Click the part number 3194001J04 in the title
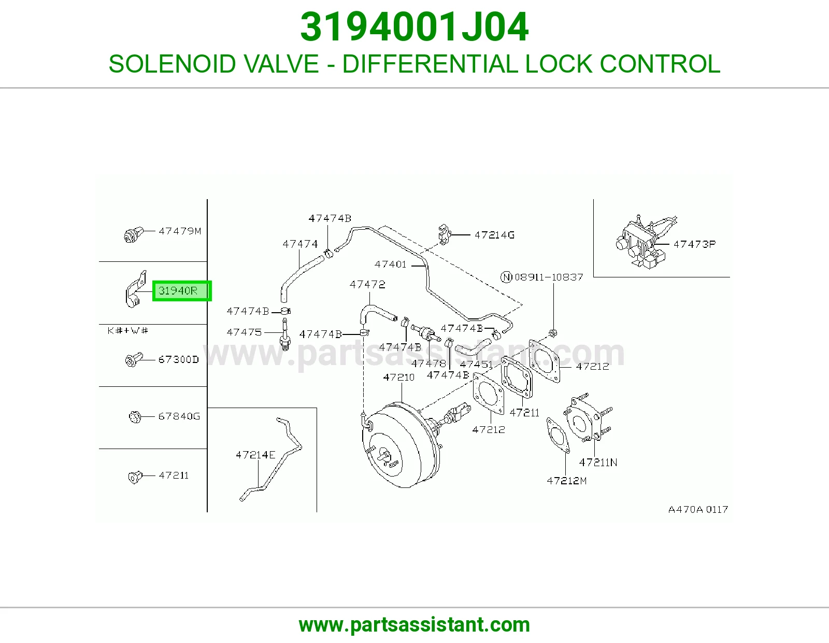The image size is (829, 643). pos(414,27)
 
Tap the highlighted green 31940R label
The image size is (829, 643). pos(181,291)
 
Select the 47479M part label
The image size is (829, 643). pos(180,231)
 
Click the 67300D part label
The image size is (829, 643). pos(179,360)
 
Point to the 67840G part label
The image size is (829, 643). pos(179,416)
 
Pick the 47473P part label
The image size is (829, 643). pos(695,244)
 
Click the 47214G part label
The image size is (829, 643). pos(494,235)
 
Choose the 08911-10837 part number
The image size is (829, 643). pos(549,277)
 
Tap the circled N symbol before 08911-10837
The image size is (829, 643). pos(506,277)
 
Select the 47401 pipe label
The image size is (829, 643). pos(390,264)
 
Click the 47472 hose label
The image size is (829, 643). pos(367,285)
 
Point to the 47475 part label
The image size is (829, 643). pos(244,332)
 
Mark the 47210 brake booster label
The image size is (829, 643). pos(398,378)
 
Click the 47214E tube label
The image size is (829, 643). pos(255,455)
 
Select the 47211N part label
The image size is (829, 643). pos(598,463)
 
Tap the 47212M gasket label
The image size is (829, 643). pos(566,481)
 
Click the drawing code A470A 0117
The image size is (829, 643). pos(698,509)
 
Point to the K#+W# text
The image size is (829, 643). pos(128,331)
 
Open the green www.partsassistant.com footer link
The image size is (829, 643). pos(414,625)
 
